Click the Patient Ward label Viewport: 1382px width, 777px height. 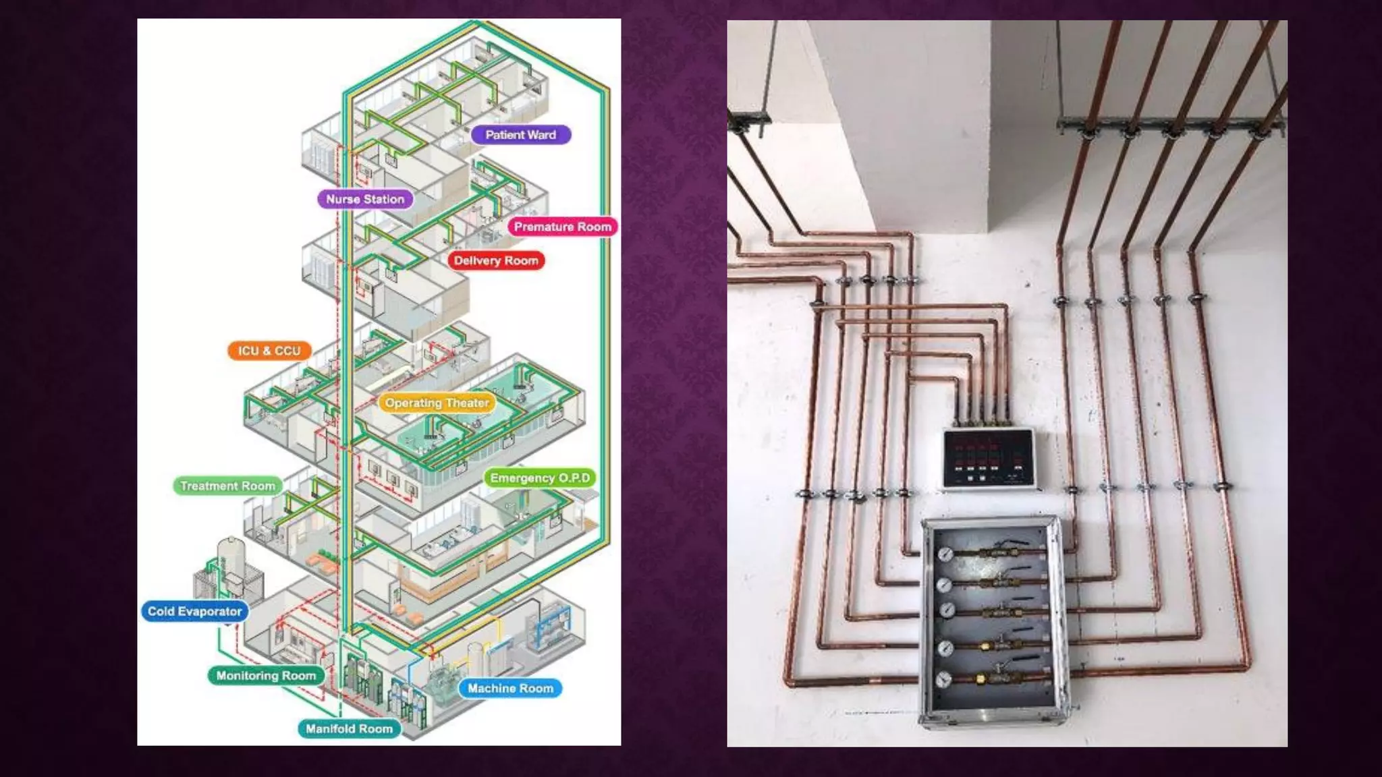pyautogui.click(x=520, y=135)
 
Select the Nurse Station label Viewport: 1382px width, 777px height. pyautogui.click(x=365, y=199)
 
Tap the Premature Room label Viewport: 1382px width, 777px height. pyautogui.click(x=562, y=227)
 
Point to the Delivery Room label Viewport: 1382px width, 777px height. pyautogui.click(x=496, y=260)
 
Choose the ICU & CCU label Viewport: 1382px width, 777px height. pyautogui.click(x=269, y=351)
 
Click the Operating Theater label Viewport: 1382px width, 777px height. pyautogui.click(x=437, y=403)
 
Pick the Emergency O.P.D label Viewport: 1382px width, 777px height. pyautogui.click(x=540, y=478)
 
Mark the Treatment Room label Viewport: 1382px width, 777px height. pyautogui.click(x=227, y=486)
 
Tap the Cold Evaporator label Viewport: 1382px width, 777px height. pyautogui.click(x=194, y=611)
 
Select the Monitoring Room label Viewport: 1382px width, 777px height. pyautogui.click(x=266, y=675)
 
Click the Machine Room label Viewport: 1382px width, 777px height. pyautogui.click(x=510, y=688)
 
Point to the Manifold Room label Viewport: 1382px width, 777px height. pyautogui.click(x=349, y=728)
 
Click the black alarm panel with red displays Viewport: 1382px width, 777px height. pyautogui.click(x=989, y=458)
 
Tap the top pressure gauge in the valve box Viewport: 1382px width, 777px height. pyautogui.click(x=945, y=554)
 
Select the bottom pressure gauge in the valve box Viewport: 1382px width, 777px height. pyautogui.click(x=944, y=679)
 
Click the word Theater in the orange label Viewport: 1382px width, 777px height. pyautogui.click(x=467, y=403)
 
